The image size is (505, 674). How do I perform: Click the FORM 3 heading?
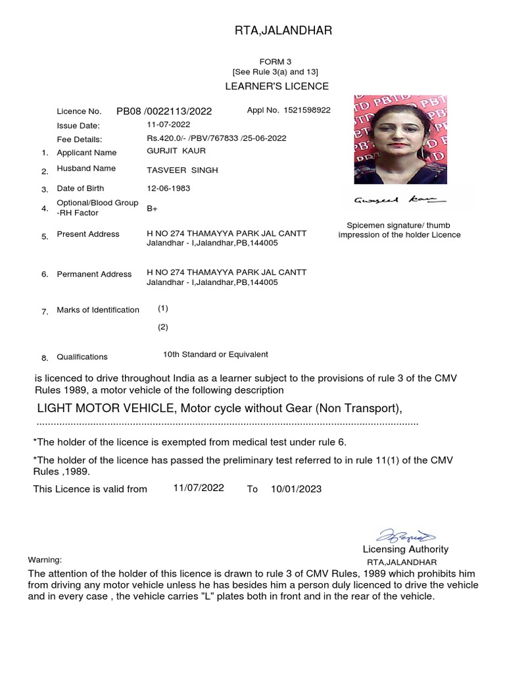(x=276, y=61)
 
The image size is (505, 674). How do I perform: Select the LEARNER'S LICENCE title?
(x=277, y=86)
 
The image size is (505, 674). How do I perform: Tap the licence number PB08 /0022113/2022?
(x=164, y=111)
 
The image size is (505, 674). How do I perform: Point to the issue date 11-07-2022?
(x=168, y=124)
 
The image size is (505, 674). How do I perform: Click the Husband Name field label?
(x=86, y=168)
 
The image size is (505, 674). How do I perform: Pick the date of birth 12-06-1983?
(x=168, y=188)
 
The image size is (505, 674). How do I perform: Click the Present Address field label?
(x=88, y=234)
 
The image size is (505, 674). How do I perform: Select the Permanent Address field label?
(x=94, y=274)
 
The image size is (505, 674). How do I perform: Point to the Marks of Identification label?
(x=98, y=309)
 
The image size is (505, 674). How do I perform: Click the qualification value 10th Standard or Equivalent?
(x=216, y=354)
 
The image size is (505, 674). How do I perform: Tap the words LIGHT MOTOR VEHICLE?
(x=106, y=409)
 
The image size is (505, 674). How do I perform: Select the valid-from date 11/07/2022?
(x=199, y=488)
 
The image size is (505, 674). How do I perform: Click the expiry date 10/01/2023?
(x=296, y=489)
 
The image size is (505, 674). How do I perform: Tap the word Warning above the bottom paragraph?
(x=45, y=559)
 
